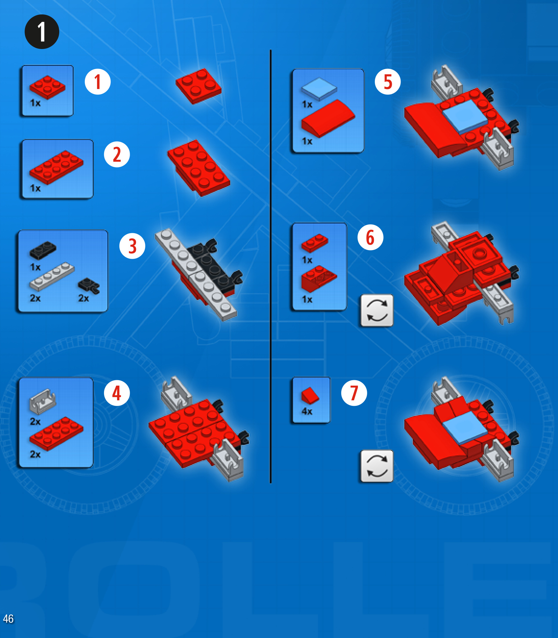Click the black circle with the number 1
42,32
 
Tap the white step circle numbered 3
132,246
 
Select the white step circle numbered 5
388,82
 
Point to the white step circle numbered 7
354,393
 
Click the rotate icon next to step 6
377,310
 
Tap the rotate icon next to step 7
377,466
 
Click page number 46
8,618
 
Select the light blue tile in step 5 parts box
319,88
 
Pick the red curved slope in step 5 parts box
328,118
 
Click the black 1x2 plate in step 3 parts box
43,250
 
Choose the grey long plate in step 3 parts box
52,276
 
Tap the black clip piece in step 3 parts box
89,286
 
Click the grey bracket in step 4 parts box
43,401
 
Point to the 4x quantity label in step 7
307,411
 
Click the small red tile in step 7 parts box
310,396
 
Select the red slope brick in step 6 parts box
319,278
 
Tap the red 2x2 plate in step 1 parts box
47,87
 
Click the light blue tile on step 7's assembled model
464,427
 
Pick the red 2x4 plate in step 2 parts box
56,168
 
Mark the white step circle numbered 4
117,393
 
